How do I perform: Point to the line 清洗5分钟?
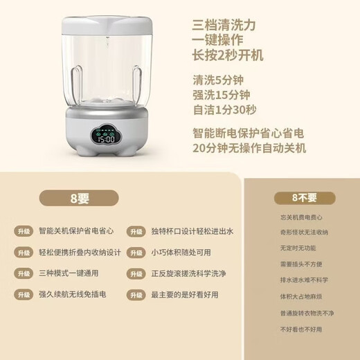pyautogui.click(x=219, y=80)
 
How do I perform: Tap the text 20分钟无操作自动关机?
pyautogui.click(x=249, y=147)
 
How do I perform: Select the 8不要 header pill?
pyautogui.click(x=304, y=199)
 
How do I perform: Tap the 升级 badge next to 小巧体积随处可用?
pyautogui.click(x=135, y=253)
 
